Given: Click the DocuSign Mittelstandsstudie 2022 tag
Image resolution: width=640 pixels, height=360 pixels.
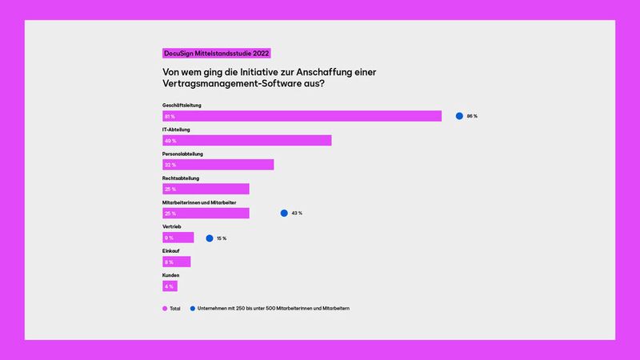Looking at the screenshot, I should (x=216, y=53).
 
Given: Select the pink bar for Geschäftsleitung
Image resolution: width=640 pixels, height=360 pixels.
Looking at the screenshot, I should (x=302, y=116).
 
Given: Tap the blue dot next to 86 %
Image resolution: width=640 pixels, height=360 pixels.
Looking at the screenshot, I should (x=459, y=116).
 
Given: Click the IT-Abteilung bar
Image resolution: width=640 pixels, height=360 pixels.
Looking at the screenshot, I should (x=246, y=141).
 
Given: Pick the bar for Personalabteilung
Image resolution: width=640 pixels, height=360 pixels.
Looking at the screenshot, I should (x=218, y=165).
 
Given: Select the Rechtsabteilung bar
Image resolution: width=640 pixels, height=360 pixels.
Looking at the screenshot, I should (x=206, y=189).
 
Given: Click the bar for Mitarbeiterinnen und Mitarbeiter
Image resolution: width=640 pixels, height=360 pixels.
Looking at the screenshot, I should (x=206, y=213).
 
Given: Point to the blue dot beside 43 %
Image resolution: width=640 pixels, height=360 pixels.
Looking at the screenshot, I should (x=283, y=213).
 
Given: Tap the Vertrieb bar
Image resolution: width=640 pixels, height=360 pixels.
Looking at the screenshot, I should (x=178, y=238).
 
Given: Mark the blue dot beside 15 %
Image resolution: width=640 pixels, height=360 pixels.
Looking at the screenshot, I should (x=209, y=238).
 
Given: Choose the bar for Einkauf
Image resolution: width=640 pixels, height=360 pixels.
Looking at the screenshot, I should (x=176, y=262).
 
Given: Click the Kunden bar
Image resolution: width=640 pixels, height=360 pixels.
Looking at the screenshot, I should (x=169, y=286).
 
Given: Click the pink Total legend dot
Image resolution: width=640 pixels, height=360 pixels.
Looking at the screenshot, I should (x=165, y=308).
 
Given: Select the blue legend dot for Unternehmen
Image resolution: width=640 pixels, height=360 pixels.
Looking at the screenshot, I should (x=193, y=308).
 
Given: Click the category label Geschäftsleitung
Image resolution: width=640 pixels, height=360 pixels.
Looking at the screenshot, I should (x=182, y=105).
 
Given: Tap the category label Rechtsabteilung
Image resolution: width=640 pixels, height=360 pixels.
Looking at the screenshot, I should (x=181, y=178).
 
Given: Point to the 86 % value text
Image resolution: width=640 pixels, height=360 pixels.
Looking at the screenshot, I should (x=472, y=116).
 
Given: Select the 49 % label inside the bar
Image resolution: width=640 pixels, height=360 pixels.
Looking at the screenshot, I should (x=170, y=141).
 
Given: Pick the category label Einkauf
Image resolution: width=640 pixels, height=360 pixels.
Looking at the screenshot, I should (x=170, y=250).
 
